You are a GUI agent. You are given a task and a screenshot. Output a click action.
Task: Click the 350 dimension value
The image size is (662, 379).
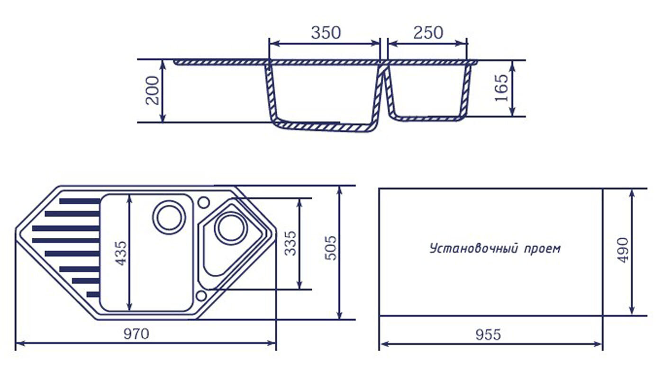coord(326,33)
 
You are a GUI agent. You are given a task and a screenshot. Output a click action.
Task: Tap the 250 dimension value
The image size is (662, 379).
coord(428,33)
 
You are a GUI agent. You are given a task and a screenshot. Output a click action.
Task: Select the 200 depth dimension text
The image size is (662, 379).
coord(153,90)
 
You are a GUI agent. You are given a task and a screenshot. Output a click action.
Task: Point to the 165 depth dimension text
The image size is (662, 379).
coord(501,88)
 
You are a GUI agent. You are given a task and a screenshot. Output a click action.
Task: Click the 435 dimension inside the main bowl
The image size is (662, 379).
coord(121,253)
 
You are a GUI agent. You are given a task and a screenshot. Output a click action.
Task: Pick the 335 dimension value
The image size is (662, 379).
coord(290,244)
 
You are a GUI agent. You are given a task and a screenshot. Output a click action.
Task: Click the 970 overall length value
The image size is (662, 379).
coord(136,334)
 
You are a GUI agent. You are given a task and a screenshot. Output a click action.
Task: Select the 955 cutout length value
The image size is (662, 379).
coord(488,334)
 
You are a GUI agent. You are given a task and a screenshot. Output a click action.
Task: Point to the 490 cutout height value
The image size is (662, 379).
coord(623,251)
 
